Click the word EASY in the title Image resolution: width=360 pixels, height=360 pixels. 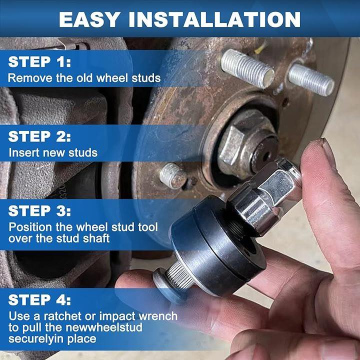pyautogui.click(x=89, y=19)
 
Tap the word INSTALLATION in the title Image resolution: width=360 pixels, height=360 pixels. pyautogui.click(x=214, y=19)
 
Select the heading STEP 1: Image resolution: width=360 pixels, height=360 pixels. pyautogui.click(x=39, y=62)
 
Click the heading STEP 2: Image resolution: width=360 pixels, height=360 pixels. pyautogui.click(x=39, y=136)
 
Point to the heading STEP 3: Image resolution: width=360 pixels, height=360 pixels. pyautogui.click(x=39, y=211)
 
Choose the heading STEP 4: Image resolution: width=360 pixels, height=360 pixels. pyautogui.click(x=39, y=300)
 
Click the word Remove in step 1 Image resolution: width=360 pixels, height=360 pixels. pyautogui.click(x=30, y=78)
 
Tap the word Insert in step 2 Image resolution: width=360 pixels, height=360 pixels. pyautogui.click(x=23, y=152)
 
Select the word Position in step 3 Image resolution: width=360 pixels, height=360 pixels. pyautogui.click(x=30, y=227)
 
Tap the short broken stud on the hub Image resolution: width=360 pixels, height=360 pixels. pyautogui.click(x=172, y=176)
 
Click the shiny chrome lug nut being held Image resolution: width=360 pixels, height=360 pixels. pyautogui.click(x=264, y=196)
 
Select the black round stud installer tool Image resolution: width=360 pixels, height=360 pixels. pyautogui.click(x=218, y=245)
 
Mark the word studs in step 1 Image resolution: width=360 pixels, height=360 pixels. pyautogui.click(x=146, y=78)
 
